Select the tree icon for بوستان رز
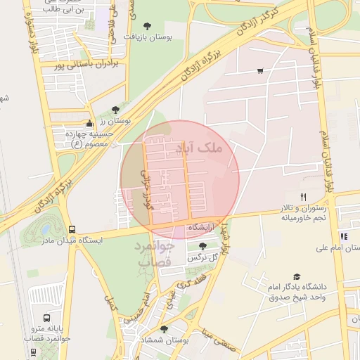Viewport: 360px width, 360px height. point(115,109)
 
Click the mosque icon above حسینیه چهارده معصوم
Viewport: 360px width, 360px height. point(89,124)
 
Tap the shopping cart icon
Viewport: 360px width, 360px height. point(260,71)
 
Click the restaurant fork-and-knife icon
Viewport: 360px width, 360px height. point(304,197)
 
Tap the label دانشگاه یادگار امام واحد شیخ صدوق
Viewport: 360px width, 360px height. point(297,292)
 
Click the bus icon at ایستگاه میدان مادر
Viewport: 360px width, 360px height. point(72,229)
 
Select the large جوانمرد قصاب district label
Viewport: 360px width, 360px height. point(153,254)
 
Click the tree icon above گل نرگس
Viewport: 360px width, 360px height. point(203,246)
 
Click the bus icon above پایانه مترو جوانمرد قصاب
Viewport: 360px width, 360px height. point(46,319)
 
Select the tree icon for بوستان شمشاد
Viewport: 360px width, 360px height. point(164,329)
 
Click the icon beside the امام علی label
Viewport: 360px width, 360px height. point(343,237)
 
